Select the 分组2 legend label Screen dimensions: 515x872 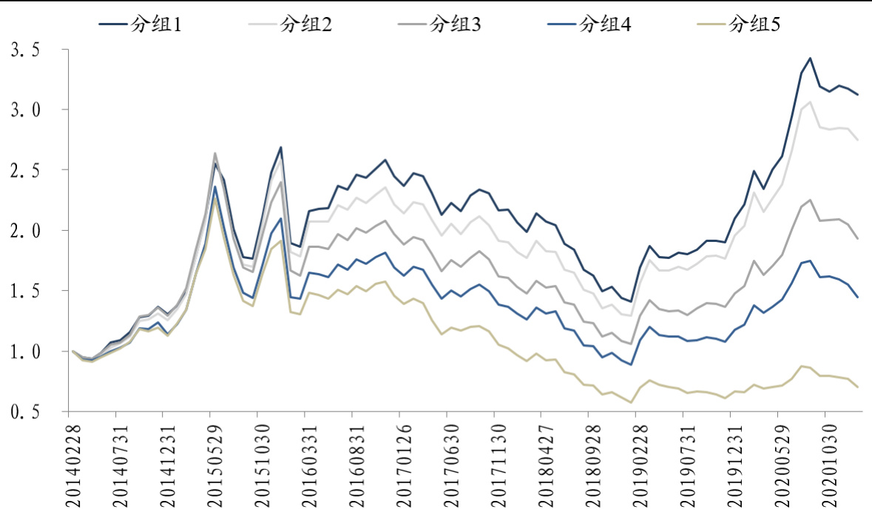[x=306, y=24]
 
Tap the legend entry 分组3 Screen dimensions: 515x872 [x=456, y=24]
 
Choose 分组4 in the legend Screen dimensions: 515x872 [x=606, y=24]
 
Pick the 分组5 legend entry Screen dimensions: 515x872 [x=755, y=24]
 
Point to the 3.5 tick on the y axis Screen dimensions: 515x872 [x=24, y=50]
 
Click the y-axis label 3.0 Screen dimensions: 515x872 [x=24, y=110]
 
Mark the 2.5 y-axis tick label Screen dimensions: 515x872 [x=24, y=170]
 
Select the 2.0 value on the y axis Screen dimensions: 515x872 [x=24, y=231]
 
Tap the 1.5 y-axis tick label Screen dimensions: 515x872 [x=24, y=292]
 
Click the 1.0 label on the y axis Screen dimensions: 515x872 [x=24, y=351]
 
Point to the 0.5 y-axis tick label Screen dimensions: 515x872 [x=24, y=412]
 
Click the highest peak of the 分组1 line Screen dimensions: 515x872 [x=810, y=58]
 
